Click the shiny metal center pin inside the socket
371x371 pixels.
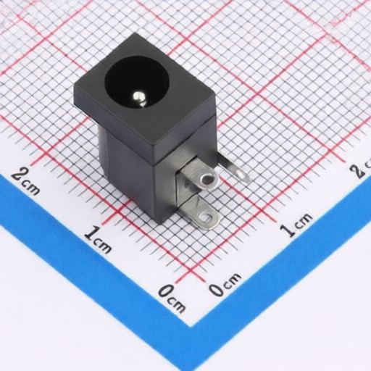coord(139,98)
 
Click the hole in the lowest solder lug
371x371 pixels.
coord(206,216)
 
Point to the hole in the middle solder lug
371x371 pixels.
coord(207,179)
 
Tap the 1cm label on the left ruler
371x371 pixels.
coord(98,239)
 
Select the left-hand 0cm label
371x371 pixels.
coord(172,298)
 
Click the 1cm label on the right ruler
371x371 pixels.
coord(296,225)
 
